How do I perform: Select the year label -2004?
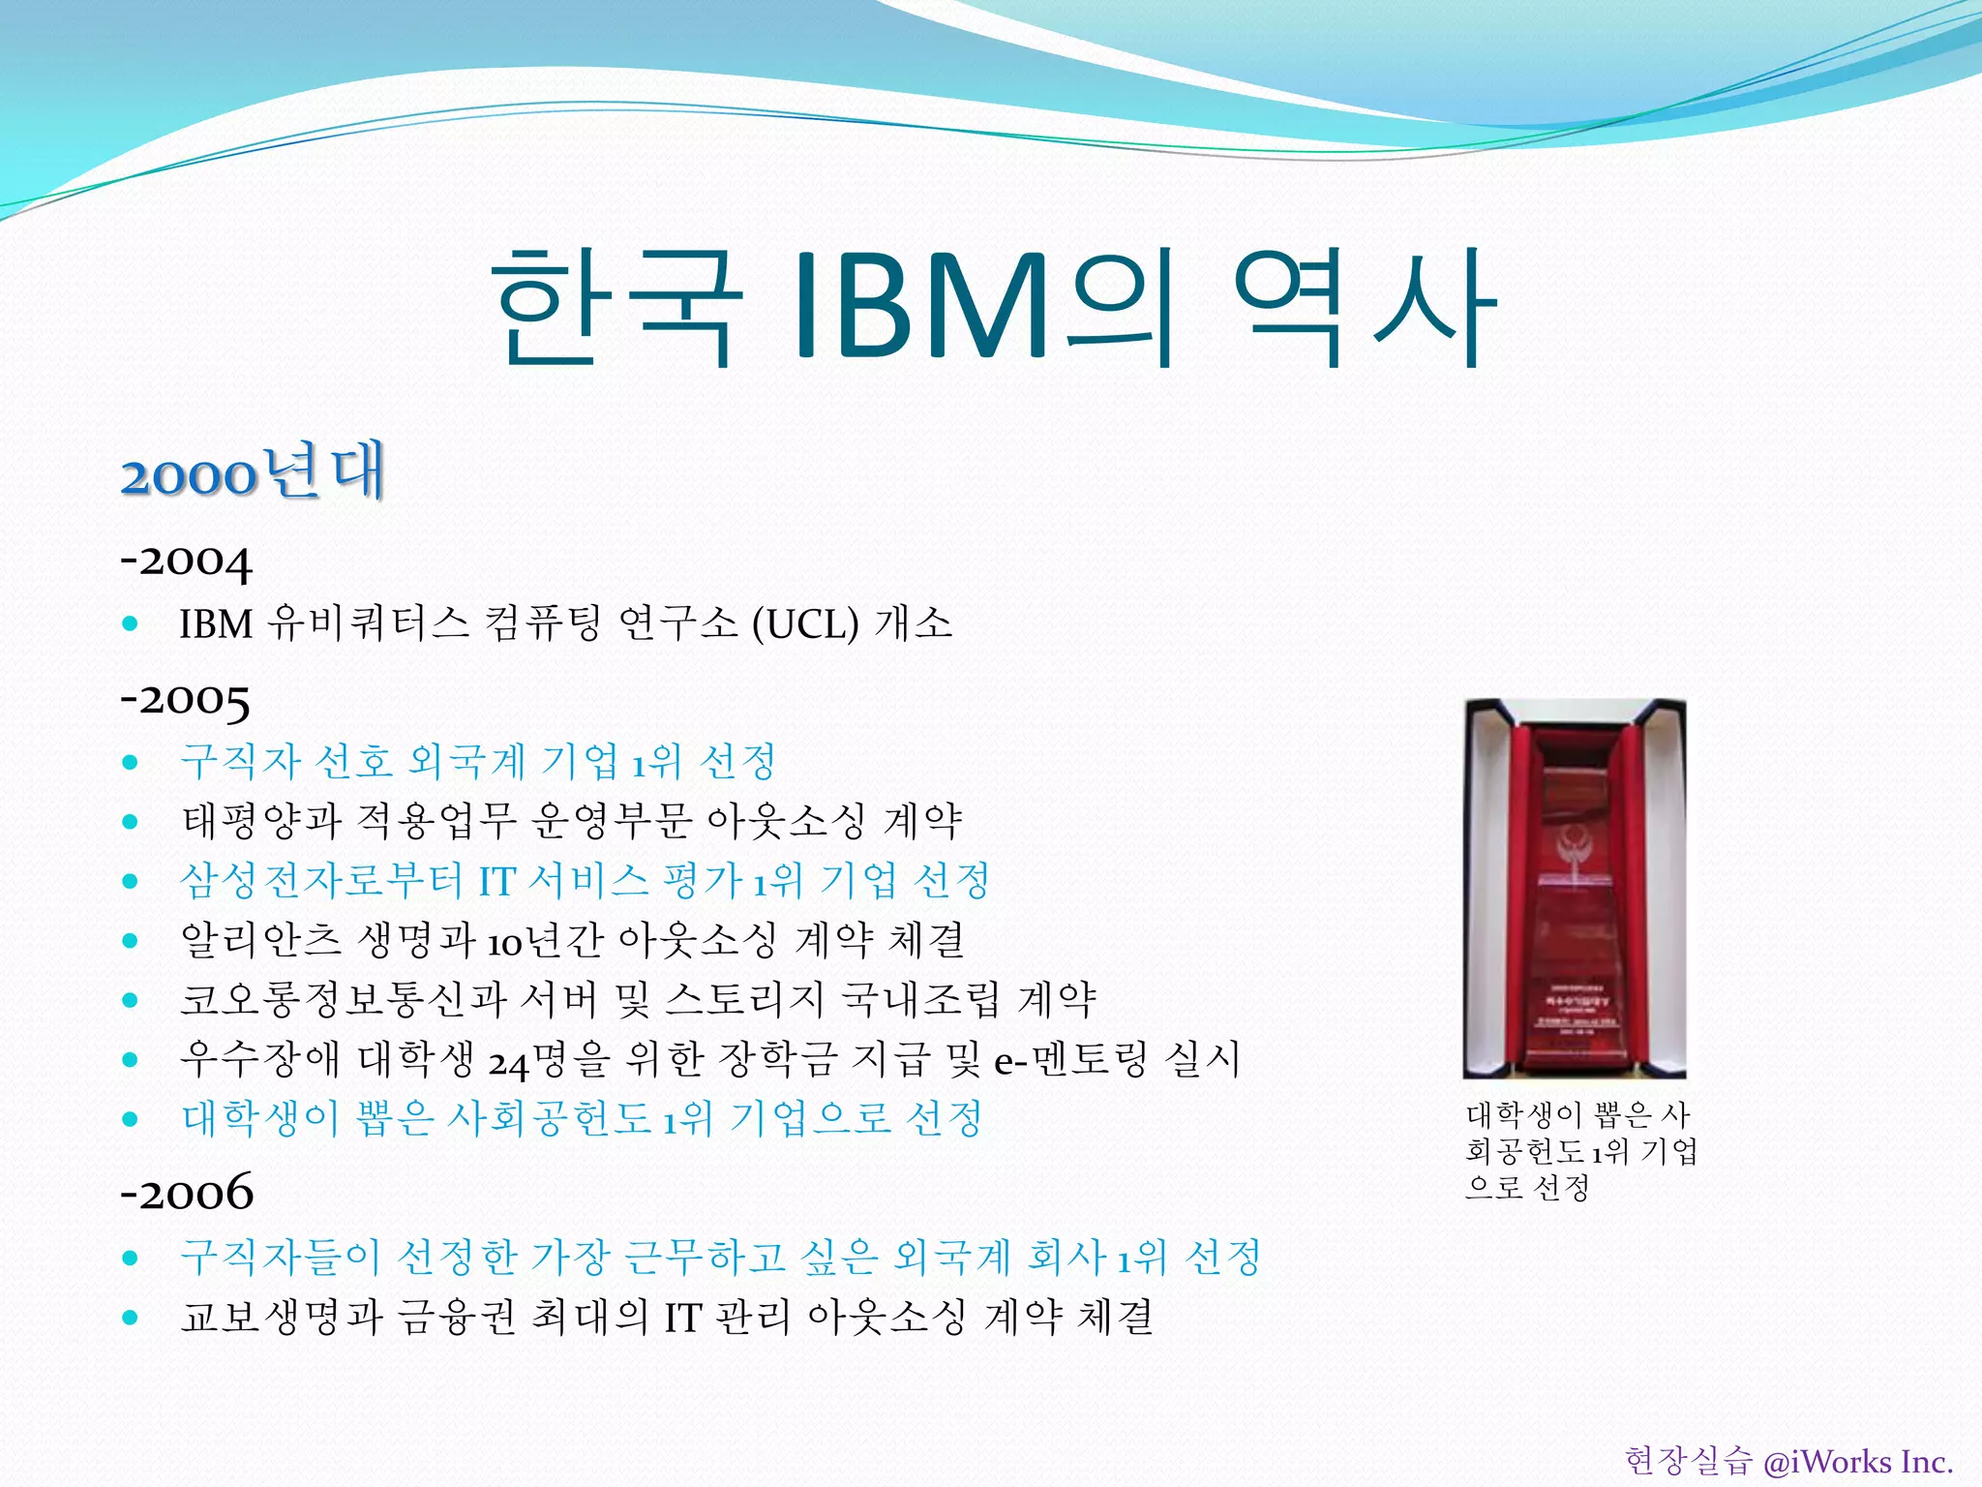[186, 561]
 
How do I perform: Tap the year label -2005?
[185, 699]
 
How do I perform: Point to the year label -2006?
[187, 1193]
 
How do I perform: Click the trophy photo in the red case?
[1575, 888]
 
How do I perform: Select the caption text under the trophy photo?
[1580, 1151]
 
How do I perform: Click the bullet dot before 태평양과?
[131, 822]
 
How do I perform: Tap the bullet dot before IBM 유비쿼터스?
[131, 624]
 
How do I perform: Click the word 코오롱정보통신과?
[343, 1000]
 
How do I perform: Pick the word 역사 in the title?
[1365, 306]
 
